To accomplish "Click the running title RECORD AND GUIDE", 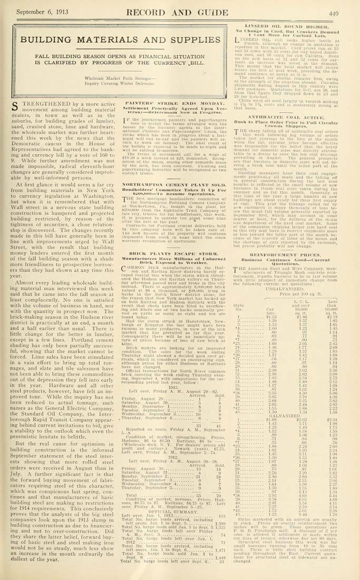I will click(x=181, y=14).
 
